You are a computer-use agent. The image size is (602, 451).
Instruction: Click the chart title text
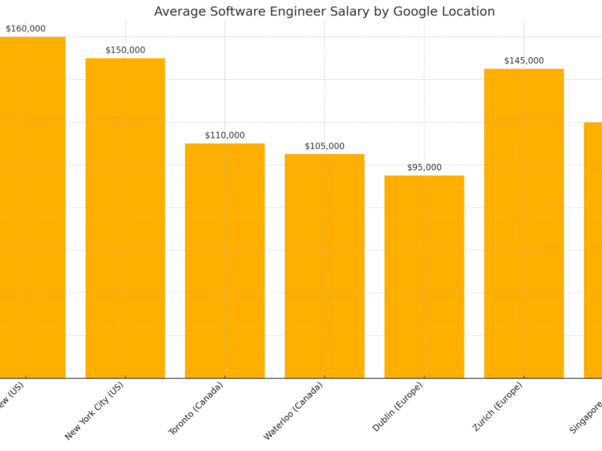click(324, 11)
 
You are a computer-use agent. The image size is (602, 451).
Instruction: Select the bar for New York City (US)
click(125, 218)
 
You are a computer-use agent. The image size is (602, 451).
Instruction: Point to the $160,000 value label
click(26, 29)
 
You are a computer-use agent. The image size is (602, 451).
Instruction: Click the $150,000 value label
click(125, 50)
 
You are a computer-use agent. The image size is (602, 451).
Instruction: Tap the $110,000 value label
click(224, 135)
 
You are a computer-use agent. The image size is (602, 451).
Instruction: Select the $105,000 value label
click(324, 146)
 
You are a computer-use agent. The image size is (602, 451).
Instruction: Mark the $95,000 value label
click(424, 167)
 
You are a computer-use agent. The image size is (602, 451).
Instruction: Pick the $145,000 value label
click(524, 60)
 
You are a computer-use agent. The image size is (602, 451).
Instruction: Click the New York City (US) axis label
click(96, 410)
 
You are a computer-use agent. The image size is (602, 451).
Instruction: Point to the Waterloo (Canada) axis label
click(294, 410)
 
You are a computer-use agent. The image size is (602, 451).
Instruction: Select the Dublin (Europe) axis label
click(398, 406)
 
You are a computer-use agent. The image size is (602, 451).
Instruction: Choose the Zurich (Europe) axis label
click(497, 406)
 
